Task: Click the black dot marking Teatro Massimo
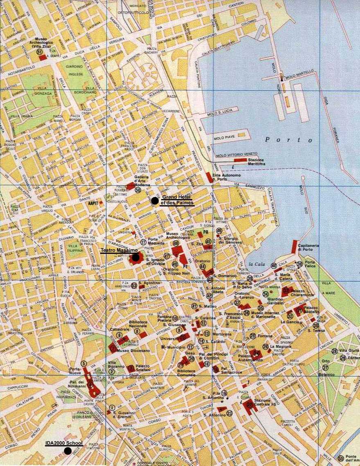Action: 135,258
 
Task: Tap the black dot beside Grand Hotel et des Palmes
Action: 154,201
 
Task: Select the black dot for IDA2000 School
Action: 67,451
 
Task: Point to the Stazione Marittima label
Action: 254,161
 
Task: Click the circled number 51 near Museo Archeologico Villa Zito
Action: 39,52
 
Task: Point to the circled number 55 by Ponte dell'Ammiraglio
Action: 340,459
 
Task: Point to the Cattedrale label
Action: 113,329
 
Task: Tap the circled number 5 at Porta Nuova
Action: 83,363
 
